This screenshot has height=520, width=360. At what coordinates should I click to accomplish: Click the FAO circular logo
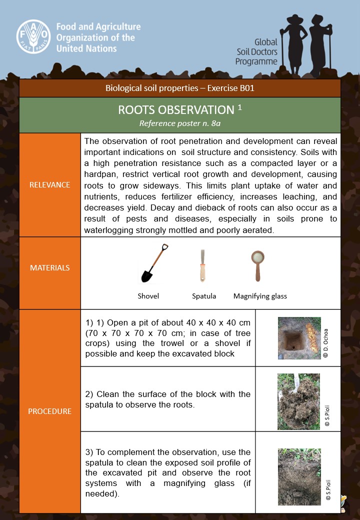pyautogui.click(x=34, y=36)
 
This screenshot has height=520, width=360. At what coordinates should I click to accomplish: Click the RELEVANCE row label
pyautogui.click(x=50, y=184)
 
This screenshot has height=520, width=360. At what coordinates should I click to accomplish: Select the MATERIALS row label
pyautogui.click(x=50, y=267)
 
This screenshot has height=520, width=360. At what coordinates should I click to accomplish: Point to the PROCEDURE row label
pyautogui.click(x=50, y=411)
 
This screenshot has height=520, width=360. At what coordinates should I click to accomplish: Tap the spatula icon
pyautogui.click(x=203, y=265)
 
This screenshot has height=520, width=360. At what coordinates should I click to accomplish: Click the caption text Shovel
pyautogui.click(x=148, y=296)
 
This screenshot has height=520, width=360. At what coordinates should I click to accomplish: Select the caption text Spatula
pyautogui.click(x=204, y=296)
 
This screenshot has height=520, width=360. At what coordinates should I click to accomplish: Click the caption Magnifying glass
pyautogui.click(x=260, y=296)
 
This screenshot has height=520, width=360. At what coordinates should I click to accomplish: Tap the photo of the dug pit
pyautogui.click(x=299, y=338)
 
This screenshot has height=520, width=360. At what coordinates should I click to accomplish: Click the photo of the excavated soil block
pyautogui.click(x=298, y=401)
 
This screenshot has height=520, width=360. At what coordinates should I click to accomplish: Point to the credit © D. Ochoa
pyautogui.click(x=326, y=342)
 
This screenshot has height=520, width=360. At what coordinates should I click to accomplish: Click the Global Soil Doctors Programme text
pyautogui.click(x=256, y=52)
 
